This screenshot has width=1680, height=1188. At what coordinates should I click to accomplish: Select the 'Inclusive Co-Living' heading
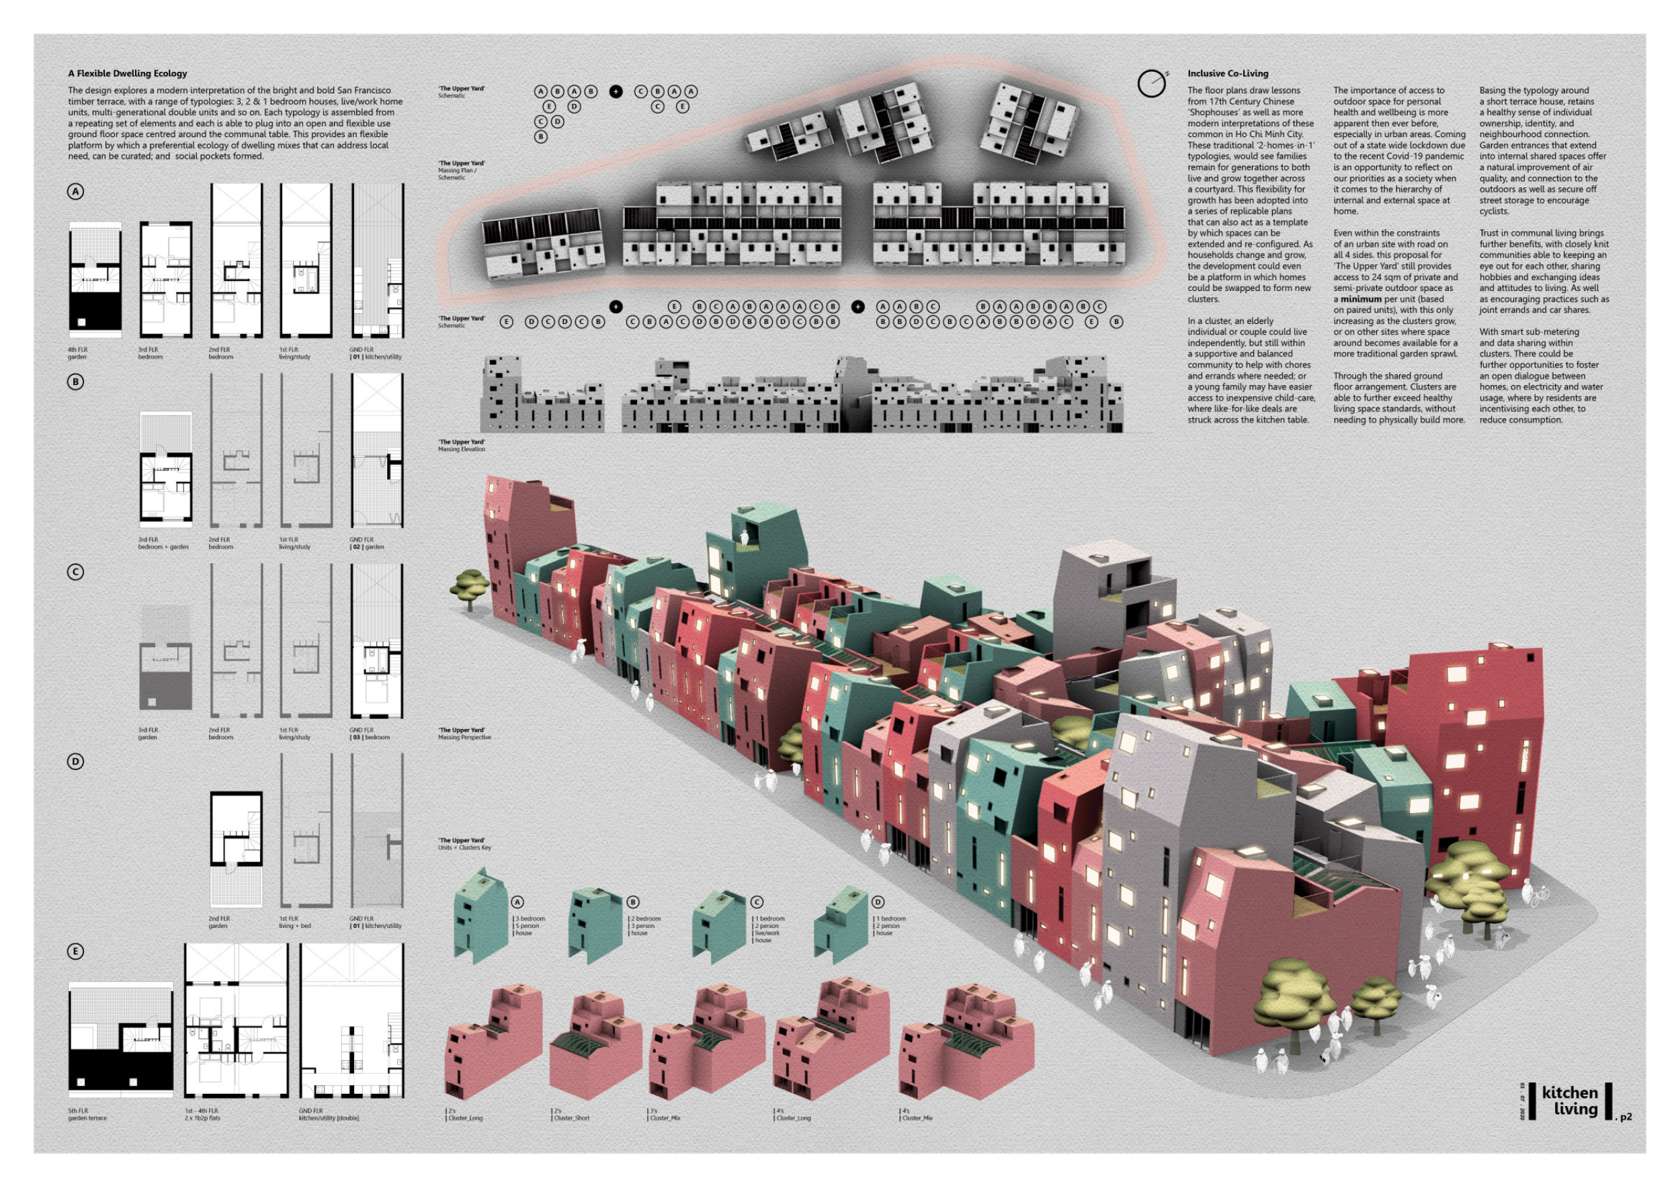point(1227,73)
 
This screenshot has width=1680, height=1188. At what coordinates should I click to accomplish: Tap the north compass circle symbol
point(1151,84)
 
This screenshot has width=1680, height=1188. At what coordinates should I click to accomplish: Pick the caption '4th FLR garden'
point(77,353)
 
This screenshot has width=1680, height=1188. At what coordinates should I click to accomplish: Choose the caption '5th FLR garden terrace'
point(87,1114)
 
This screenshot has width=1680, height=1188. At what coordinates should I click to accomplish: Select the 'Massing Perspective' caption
point(464,734)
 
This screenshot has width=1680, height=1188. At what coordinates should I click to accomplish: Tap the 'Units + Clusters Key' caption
point(464,844)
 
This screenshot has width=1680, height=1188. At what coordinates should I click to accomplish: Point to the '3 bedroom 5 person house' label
point(530,925)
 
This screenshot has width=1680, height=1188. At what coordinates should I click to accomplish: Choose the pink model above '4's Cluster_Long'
point(831,1039)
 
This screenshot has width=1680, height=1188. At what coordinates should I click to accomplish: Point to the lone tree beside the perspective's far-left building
point(468,587)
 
